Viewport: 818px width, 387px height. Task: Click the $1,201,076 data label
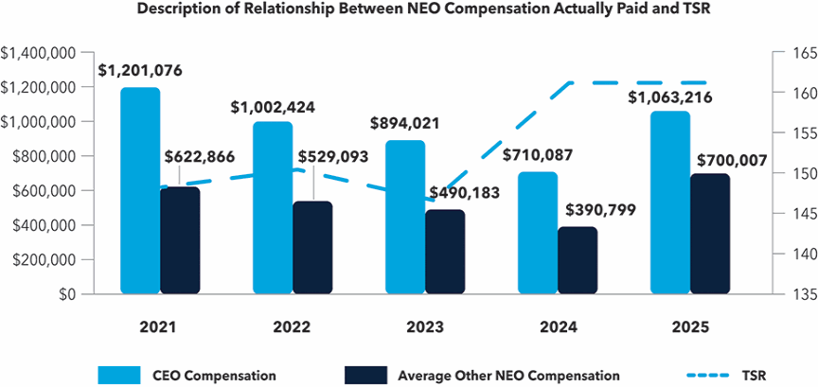(x=140, y=70)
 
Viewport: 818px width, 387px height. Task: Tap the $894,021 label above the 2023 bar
(x=405, y=123)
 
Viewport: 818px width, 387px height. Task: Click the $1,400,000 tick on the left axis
(x=39, y=53)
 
